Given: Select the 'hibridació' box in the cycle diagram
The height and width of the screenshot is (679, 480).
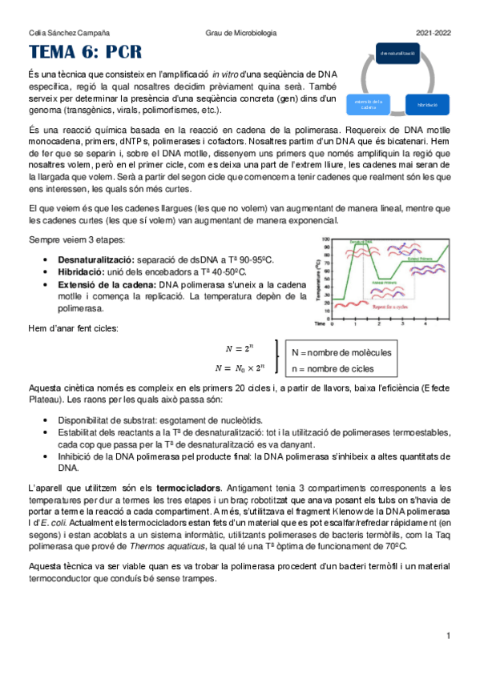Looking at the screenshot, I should point(426,105).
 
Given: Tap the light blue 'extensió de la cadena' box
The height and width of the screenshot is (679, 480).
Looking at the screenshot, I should point(369,105).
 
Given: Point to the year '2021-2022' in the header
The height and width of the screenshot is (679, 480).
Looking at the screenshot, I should point(434,33).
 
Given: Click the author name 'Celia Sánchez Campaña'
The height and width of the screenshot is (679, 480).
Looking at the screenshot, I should point(59,33).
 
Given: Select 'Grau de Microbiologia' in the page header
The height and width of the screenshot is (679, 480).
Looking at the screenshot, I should point(240,33).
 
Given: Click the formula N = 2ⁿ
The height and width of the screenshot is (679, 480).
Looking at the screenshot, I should point(239,348).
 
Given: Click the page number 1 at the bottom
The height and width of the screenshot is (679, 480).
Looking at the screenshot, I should point(450,636).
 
